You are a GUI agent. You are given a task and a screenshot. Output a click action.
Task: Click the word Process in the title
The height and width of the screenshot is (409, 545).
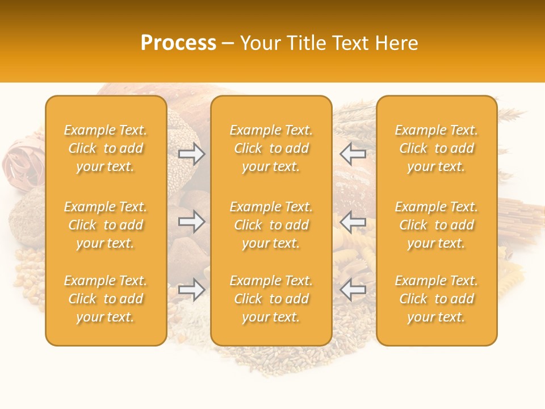(178, 43)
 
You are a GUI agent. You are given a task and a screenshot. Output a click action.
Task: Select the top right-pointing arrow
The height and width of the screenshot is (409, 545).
(192, 153)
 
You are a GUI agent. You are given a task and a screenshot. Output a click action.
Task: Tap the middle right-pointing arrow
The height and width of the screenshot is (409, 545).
(192, 222)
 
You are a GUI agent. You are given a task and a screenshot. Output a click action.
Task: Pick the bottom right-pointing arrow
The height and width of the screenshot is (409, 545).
(192, 290)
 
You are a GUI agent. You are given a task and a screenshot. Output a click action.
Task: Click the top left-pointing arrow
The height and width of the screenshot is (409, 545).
(353, 153)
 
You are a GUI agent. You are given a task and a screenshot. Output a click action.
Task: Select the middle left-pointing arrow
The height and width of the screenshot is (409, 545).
(353, 222)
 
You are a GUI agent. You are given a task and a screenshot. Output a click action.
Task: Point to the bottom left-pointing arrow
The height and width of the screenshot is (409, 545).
(353, 290)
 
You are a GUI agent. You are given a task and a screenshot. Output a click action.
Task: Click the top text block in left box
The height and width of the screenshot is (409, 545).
(106, 148)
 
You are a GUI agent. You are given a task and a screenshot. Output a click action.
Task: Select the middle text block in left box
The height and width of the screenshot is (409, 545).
(106, 225)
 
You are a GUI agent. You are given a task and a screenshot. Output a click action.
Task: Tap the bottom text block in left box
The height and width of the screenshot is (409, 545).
(106, 299)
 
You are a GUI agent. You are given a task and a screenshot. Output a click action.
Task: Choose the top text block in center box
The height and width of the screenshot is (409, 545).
(271, 148)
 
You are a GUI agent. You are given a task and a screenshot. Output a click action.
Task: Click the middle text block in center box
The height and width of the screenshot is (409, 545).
(271, 225)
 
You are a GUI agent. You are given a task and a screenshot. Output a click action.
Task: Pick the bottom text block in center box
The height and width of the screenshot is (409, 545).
(271, 299)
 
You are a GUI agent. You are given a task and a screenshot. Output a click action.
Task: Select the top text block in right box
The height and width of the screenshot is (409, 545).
(437, 148)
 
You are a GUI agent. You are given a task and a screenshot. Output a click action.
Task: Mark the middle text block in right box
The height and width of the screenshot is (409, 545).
(437, 225)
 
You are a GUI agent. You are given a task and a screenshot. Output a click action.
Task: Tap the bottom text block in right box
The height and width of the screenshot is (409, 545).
(437, 299)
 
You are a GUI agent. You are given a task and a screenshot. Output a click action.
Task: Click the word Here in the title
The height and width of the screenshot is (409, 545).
(396, 43)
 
